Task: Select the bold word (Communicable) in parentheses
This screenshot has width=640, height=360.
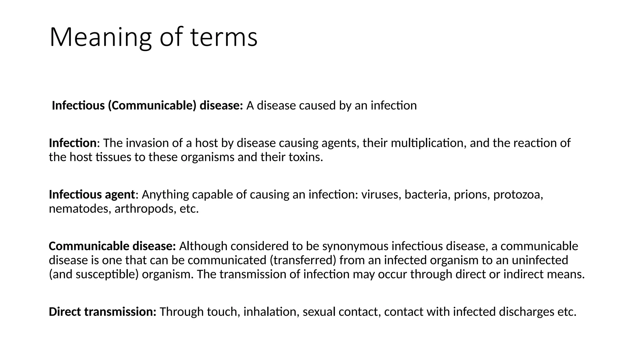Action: tap(152, 106)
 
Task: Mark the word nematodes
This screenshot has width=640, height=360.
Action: tap(80, 209)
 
